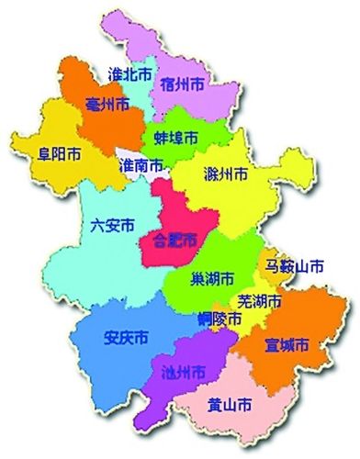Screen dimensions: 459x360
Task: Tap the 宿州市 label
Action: (182, 84)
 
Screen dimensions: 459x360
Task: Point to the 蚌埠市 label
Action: (175, 138)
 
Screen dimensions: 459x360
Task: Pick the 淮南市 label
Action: (142, 166)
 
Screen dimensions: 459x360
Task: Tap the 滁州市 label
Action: (224, 172)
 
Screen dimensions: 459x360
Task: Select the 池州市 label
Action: (184, 372)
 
